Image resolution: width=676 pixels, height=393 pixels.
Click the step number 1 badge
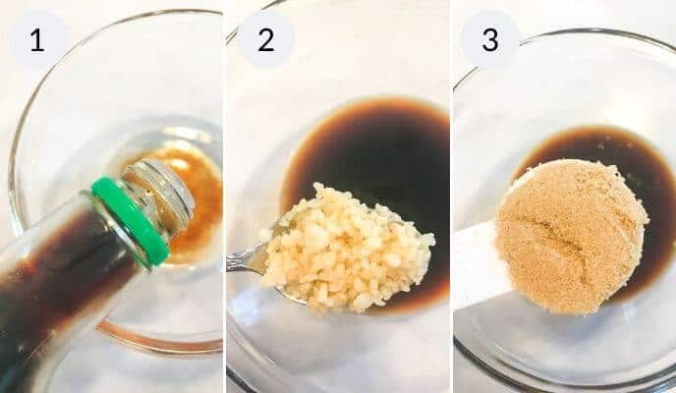pyautogui.click(x=38, y=40)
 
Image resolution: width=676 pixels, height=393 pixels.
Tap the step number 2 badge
pyautogui.click(x=266, y=40)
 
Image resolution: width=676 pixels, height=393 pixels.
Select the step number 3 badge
pyautogui.click(x=489, y=40)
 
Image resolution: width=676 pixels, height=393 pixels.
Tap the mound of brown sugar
pyautogui.click(x=570, y=236)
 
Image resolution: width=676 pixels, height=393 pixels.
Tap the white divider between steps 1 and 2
pyautogui.click(x=224, y=196)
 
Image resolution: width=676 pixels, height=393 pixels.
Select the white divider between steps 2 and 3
pyautogui.click(x=451, y=196)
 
